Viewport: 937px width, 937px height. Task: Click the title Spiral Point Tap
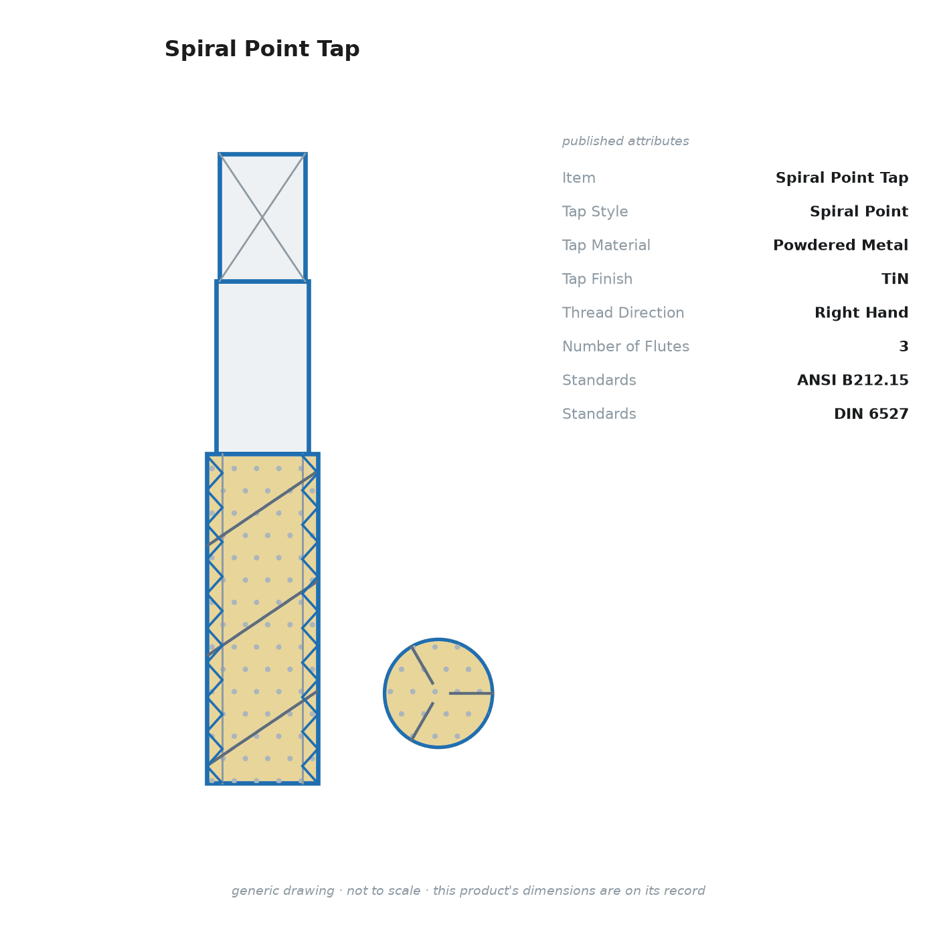[262, 49]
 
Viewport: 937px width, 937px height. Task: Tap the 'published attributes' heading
[625, 141]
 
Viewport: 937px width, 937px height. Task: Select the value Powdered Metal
[840, 245]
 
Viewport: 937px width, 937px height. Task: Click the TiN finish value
[895, 278]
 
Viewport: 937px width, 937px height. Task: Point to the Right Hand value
[861, 313]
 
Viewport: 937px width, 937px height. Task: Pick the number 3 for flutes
[904, 346]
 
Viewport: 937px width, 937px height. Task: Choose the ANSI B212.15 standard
[853, 379]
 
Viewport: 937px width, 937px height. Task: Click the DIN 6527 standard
[871, 414]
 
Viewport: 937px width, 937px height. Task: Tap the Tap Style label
[595, 211]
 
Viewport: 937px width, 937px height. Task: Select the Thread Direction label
[623, 313]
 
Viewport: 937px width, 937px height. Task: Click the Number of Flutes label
[625, 346]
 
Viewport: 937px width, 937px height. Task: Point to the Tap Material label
[606, 245]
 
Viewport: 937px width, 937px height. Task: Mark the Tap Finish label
[597, 278]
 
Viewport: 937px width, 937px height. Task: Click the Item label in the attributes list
[579, 177]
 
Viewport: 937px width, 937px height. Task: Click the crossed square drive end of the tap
[262, 218]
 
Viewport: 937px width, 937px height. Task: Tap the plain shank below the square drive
[262, 367]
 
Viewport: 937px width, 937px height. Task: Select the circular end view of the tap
[438, 693]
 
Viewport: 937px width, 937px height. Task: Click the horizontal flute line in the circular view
[471, 693]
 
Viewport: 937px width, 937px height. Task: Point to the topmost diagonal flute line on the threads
[262, 509]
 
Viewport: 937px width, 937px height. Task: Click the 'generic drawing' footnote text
[468, 890]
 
